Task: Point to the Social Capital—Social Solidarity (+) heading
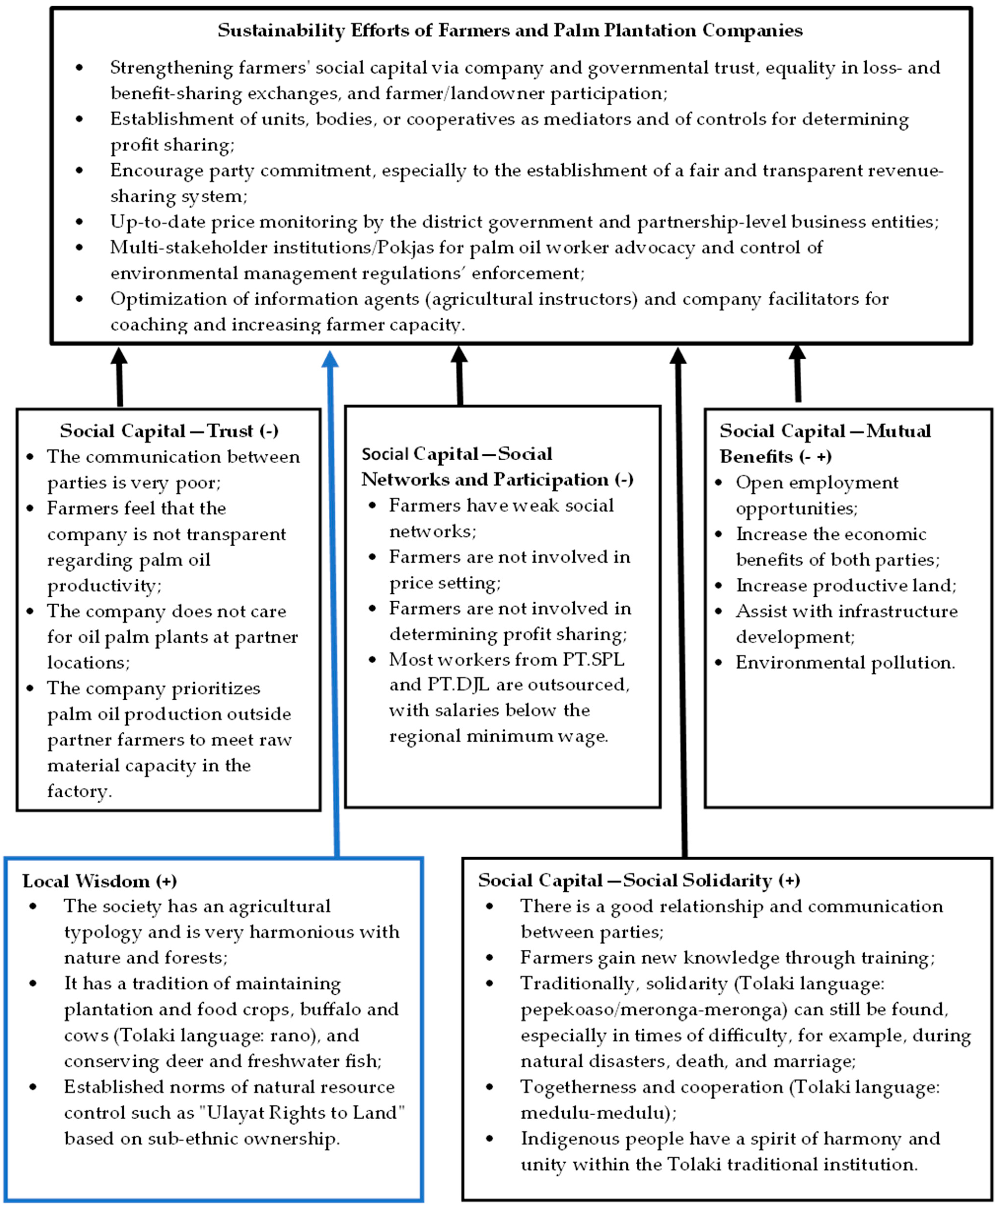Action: [x=639, y=880]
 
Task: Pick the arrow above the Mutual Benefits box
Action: [x=798, y=374]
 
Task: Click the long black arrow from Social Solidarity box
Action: [x=682, y=603]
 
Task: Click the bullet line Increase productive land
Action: [x=846, y=586]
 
